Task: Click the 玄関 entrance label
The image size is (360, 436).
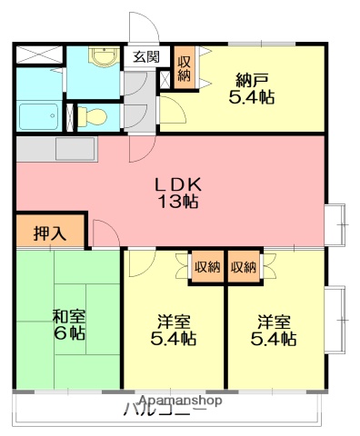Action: tap(145, 56)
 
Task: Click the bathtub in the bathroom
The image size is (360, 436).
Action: tap(37, 116)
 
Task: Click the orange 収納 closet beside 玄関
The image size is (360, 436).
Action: tap(184, 69)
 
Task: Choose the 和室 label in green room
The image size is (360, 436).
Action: tap(68, 315)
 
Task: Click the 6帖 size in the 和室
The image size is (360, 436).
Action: tap(69, 333)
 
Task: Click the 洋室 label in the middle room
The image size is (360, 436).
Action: tap(174, 321)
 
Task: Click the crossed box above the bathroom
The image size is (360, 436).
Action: tap(37, 54)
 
